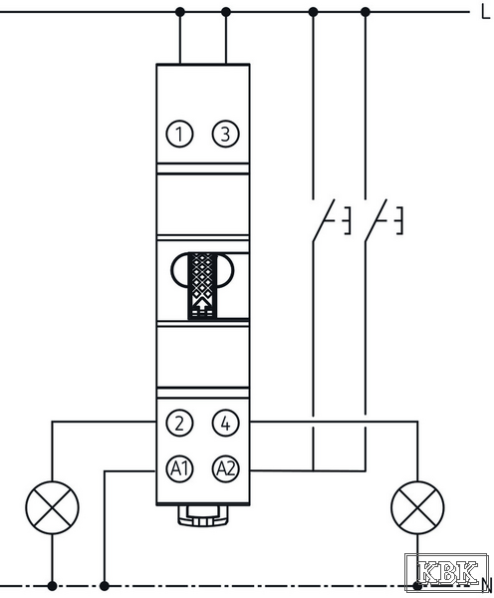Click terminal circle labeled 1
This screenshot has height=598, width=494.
point(179,134)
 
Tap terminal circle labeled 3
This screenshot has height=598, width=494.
point(226,134)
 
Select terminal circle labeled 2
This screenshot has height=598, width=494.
point(179,423)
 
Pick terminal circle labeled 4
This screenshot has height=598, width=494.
point(226,423)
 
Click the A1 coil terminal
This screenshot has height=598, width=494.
point(179,468)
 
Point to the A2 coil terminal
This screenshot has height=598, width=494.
point(226,468)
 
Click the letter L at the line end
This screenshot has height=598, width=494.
point(485,13)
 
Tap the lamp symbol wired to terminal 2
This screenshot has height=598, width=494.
point(52,507)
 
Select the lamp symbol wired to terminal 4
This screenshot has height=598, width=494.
point(417,507)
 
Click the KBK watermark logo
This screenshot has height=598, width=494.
point(447,572)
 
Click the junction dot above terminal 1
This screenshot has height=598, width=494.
point(180,12)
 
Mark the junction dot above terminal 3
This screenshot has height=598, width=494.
point(226,12)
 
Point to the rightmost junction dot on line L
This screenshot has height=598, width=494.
point(366,12)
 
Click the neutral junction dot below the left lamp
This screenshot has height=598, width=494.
point(52,586)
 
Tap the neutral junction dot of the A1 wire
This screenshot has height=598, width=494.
point(104,586)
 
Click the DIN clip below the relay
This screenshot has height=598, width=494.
point(203,515)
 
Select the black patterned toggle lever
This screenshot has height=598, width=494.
point(203,285)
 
